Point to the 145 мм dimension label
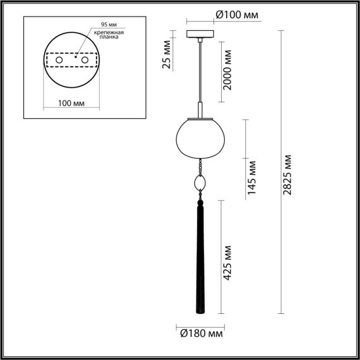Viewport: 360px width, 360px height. click(252, 178)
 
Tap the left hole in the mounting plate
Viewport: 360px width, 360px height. click(59, 59)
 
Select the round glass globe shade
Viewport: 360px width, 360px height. click(200, 136)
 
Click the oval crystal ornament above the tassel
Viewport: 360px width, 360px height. click(200, 185)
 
